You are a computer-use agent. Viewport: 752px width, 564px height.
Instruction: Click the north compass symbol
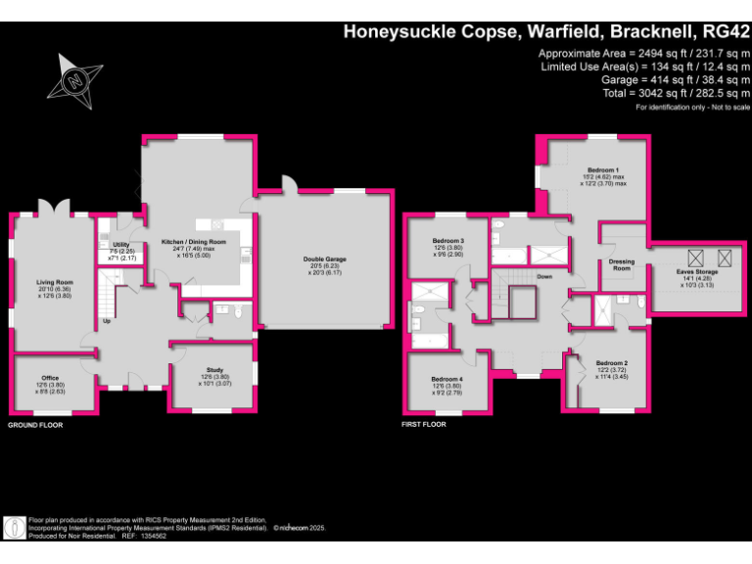[x=74, y=82]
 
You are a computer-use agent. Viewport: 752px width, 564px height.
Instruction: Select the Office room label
[x=50, y=378]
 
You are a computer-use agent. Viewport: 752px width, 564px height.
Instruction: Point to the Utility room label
[x=121, y=245]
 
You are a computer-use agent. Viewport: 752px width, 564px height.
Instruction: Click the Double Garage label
[x=324, y=258]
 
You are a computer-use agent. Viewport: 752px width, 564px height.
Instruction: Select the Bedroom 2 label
[x=612, y=362]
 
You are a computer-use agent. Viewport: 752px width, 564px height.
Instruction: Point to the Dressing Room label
[x=622, y=264]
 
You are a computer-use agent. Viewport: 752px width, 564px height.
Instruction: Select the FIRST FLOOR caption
[x=424, y=425]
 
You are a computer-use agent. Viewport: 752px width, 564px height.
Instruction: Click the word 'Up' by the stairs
[x=106, y=321]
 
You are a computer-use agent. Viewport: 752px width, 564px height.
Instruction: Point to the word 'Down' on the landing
[x=543, y=277]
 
